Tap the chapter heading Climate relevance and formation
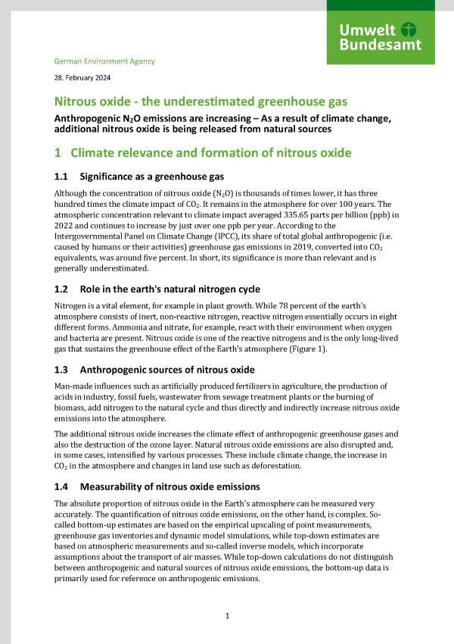pyautogui.click(x=211, y=152)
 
